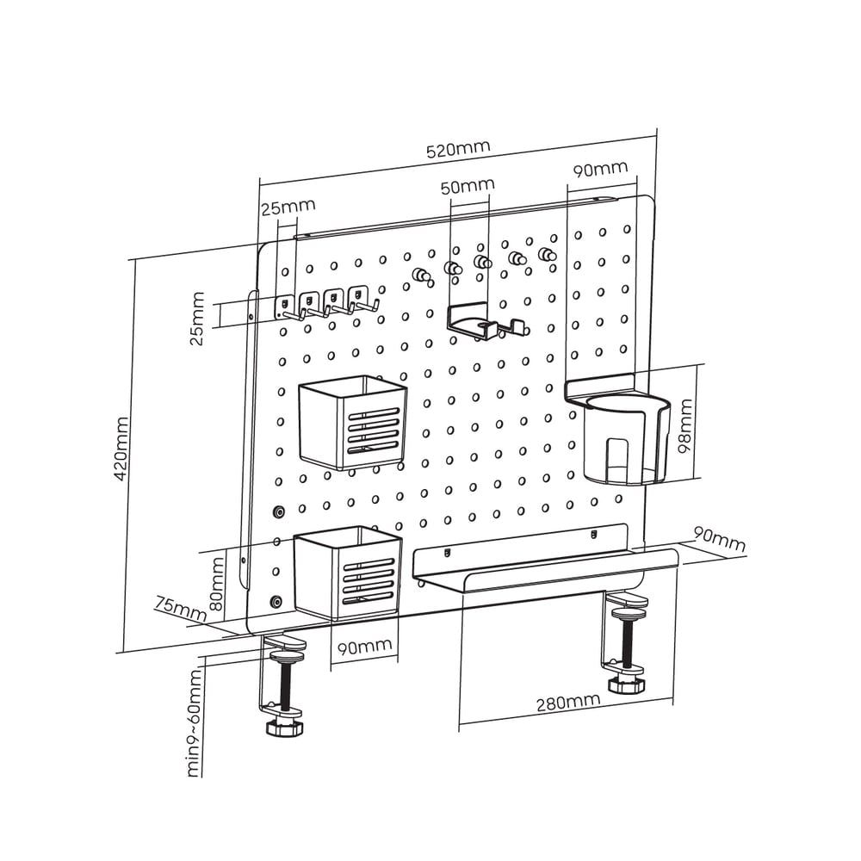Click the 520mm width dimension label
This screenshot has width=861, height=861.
tap(458, 148)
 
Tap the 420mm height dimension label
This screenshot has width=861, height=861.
tap(121, 449)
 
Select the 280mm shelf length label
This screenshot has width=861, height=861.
tap(568, 703)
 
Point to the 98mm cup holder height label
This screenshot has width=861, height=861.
tap(685, 426)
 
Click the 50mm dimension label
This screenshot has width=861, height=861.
tap(468, 186)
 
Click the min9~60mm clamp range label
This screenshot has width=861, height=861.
tap(194, 722)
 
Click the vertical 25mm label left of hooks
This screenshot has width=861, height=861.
tap(196, 319)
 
